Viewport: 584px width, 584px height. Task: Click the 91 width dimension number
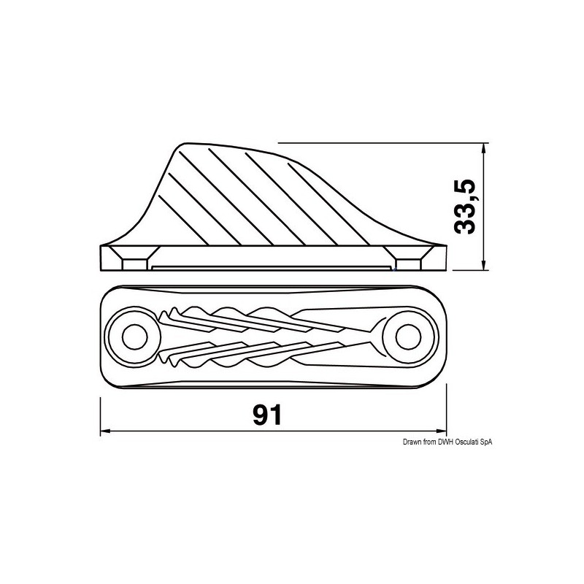(x=267, y=414)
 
